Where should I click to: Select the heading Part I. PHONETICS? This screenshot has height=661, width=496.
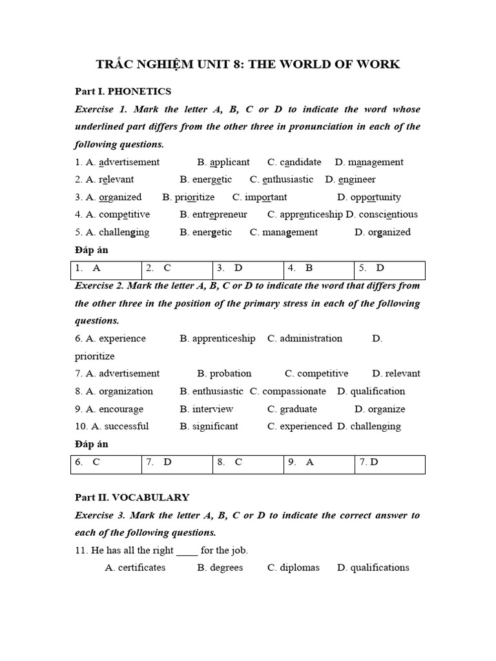(x=123, y=92)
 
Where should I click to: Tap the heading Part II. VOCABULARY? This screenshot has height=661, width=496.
(x=132, y=497)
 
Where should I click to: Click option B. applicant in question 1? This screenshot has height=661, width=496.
(x=223, y=162)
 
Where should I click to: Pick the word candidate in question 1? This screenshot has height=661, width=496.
(x=301, y=162)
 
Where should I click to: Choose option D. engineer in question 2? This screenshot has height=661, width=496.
(x=350, y=179)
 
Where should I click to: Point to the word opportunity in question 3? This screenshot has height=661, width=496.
(x=375, y=197)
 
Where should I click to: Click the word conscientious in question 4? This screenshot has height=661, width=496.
(x=388, y=214)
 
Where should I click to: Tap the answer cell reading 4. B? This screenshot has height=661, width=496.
(x=319, y=268)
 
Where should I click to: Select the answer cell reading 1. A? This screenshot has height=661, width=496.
(x=106, y=268)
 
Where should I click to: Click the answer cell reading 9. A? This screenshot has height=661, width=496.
(x=319, y=462)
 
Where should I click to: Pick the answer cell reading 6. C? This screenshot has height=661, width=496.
(x=106, y=462)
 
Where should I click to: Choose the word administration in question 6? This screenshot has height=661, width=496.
(x=311, y=338)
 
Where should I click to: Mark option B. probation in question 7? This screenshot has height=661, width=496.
(x=224, y=373)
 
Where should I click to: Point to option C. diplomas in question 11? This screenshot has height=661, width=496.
(x=293, y=567)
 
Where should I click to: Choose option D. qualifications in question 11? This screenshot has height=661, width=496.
(x=373, y=567)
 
